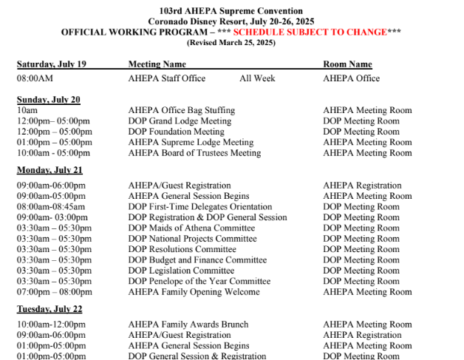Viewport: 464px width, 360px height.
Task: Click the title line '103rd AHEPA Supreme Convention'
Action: pyautogui.click(x=231, y=11)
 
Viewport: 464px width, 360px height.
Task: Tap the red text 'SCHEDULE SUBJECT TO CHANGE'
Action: pyautogui.click(x=310, y=33)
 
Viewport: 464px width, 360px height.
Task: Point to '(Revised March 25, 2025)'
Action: pyautogui.click(x=231, y=43)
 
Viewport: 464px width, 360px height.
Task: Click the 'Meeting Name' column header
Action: pyautogui.click(x=157, y=64)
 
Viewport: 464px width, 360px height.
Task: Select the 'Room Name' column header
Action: pyautogui.click(x=347, y=64)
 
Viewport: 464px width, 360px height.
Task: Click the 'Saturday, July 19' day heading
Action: pyautogui.click(x=52, y=64)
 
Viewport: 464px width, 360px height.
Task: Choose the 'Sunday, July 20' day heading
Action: pyautogui.click(x=49, y=100)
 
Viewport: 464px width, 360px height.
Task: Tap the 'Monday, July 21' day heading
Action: pyautogui.click(x=50, y=170)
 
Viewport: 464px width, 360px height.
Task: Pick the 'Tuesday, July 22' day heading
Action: pyautogui.click(x=50, y=309)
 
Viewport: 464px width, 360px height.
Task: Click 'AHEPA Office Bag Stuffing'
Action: pyautogui.click(x=181, y=111)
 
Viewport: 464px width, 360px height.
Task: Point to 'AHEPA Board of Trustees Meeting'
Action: pyautogui.click(x=194, y=153)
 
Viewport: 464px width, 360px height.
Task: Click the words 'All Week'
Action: pyautogui.click(x=256, y=78)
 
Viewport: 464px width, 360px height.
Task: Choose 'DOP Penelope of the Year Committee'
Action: pyautogui.click(x=199, y=282)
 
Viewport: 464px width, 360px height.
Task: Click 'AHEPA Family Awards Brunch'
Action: pyautogui.click(x=188, y=325)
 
